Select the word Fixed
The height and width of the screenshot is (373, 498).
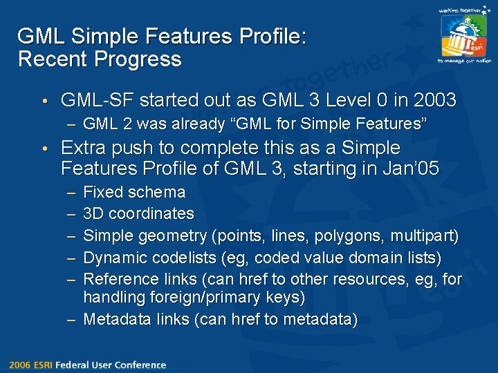[x=103, y=192]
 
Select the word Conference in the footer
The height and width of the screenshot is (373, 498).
[x=142, y=365]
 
